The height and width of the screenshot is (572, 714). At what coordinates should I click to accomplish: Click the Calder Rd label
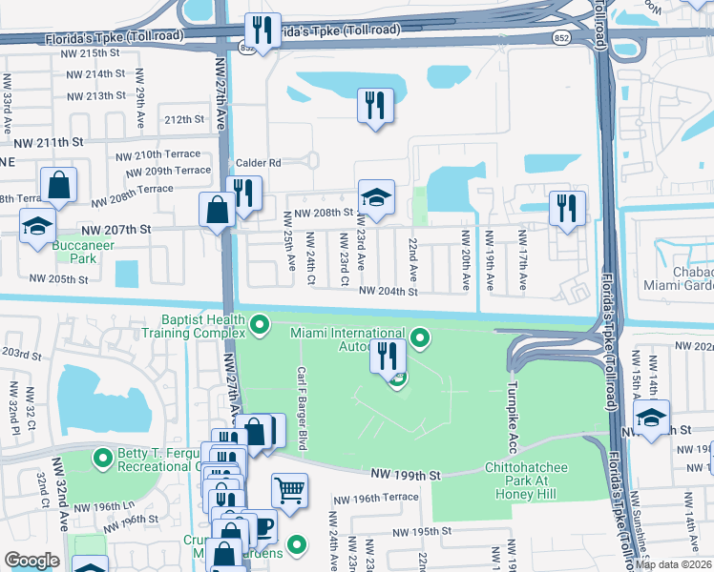pos(261,163)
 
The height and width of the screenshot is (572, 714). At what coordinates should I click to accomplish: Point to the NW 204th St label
pos(388,292)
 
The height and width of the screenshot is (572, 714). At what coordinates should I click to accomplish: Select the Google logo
pos(31,560)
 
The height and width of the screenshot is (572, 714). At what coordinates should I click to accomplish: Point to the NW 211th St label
pos(56,142)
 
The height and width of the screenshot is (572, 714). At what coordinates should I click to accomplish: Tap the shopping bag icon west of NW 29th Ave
pos(58,186)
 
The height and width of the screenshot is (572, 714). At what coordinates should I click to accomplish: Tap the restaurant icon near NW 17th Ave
pos(567,208)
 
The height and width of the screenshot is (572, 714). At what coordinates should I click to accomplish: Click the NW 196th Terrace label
pos(375,499)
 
